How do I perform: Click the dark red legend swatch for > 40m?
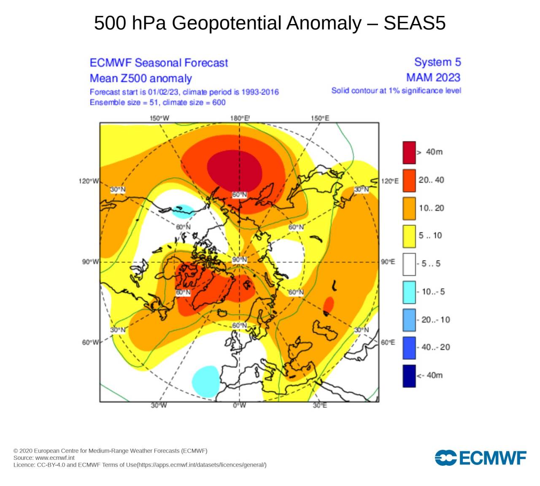coord(409,152)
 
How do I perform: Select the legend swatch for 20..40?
coord(409,180)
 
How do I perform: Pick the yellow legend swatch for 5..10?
coord(409,236)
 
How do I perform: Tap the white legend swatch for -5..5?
coord(409,264)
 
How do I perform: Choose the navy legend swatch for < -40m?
coord(409,375)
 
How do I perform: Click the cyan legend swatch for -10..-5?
coord(409,292)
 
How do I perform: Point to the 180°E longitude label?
coord(240,118)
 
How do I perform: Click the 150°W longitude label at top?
coord(159,118)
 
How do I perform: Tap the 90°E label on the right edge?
coord(388,262)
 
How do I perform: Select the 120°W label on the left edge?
coord(89,181)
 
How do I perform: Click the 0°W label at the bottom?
coord(239,405)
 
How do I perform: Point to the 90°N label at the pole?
coord(239,259)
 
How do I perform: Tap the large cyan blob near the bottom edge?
coord(206,381)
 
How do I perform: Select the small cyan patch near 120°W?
coord(184,210)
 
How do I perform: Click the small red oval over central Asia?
coord(328,304)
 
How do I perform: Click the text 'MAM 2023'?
coord(433,78)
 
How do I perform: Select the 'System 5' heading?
coord(437,62)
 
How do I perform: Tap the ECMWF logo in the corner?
coord(481,458)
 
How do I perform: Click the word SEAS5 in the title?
coord(414,23)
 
